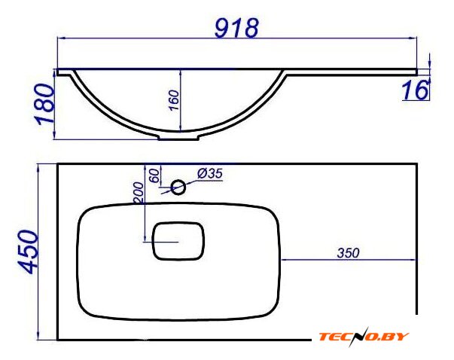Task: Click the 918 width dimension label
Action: point(236,28)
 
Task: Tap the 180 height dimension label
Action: point(45,104)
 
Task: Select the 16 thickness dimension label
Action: point(416,90)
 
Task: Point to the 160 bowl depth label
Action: point(174,100)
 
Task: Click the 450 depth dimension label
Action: point(28,252)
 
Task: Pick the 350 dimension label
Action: point(348,253)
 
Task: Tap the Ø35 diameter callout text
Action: point(210,174)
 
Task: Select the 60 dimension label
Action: point(154,175)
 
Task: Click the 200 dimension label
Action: point(139,193)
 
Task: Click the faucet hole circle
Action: point(178,187)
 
